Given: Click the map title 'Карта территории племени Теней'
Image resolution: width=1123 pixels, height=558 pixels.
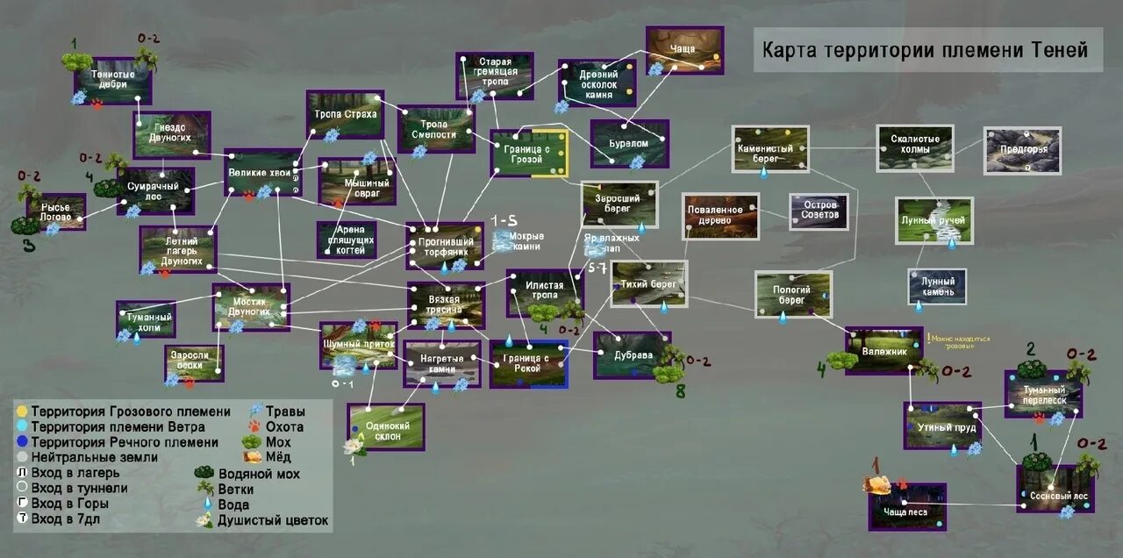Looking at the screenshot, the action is [928, 49].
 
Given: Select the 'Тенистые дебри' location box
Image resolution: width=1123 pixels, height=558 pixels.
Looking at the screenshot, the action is [113, 81].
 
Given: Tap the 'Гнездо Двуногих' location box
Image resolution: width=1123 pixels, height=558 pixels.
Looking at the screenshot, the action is [172, 134].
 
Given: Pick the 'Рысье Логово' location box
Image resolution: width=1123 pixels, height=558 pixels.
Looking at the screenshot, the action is [56, 212].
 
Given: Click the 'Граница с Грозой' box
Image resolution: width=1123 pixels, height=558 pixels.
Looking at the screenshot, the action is [529, 154].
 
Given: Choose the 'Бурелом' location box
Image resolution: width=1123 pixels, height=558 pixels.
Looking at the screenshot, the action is [630, 143].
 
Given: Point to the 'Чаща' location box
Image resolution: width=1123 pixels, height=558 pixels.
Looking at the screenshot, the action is [684, 50].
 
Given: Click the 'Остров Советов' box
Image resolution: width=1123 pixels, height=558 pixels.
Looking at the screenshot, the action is [819, 211].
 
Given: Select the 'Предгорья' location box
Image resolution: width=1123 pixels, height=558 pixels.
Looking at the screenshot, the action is [1022, 150].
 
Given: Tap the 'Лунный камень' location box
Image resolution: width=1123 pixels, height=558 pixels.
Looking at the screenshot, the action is [937, 287].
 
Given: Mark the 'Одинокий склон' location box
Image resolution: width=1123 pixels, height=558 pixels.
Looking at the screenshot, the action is [385, 426].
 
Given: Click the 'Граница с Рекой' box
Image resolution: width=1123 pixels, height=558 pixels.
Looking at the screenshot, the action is [528, 364].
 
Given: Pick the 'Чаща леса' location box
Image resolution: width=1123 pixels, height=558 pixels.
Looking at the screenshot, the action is [907, 506].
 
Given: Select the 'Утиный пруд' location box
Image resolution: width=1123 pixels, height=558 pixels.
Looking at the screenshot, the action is [942, 426].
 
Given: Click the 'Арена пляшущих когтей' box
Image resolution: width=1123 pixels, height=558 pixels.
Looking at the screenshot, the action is [347, 240].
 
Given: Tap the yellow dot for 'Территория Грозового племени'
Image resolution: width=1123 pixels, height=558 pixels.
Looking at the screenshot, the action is [21, 411].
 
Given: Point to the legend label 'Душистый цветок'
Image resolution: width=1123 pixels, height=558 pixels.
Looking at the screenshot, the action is [273, 520].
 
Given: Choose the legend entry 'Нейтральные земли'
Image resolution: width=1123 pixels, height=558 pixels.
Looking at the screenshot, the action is [95, 457].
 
